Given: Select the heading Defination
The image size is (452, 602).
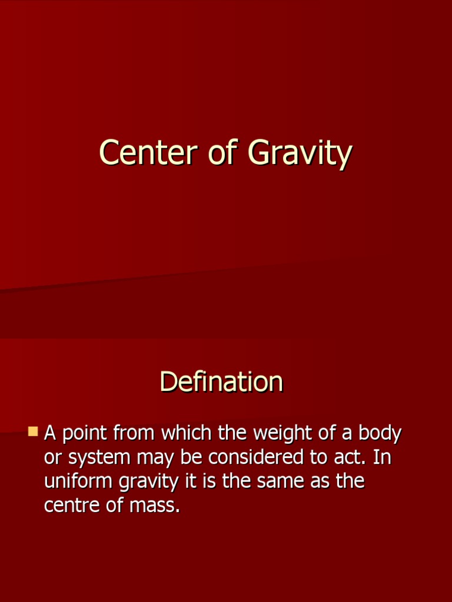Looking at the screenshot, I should (x=221, y=382).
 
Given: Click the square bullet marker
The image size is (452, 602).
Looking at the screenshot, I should (x=33, y=432).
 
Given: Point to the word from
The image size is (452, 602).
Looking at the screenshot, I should (x=134, y=434).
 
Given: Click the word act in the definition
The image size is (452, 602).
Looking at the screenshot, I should (x=353, y=457).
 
